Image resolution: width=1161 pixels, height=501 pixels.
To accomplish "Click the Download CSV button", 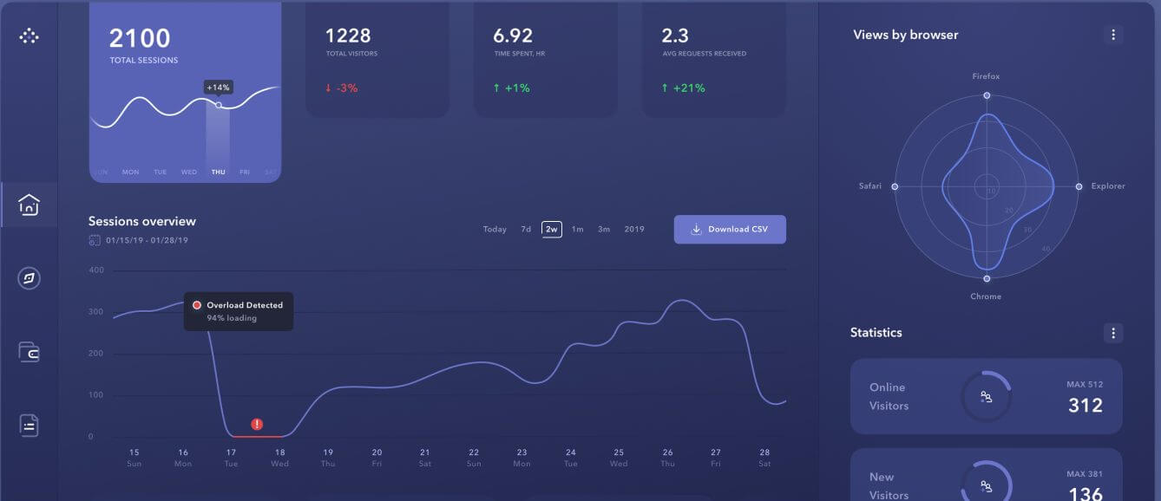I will point(730,230).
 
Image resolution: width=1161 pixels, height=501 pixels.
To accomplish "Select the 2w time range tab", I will point(551,230).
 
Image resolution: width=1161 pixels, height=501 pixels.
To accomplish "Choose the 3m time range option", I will point(604,230).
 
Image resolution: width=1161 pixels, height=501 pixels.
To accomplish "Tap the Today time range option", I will point(495,230).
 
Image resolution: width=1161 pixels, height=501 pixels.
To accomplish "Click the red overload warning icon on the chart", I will point(257,424).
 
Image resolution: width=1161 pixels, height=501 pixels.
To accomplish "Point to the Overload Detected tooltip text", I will point(244,305).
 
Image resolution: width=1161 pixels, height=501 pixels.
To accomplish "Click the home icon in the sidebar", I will point(30,205).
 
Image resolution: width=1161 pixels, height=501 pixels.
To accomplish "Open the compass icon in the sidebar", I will point(30,278).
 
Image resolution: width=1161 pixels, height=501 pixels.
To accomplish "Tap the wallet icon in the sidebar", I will point(30,352).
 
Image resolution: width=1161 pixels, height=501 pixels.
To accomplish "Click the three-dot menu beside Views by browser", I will point(1113,35).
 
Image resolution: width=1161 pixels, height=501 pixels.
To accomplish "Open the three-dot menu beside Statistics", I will point(1113,333).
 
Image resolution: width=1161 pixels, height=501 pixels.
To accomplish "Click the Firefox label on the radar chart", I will point(986,76).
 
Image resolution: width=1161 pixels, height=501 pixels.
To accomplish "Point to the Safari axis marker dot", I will point(895,186).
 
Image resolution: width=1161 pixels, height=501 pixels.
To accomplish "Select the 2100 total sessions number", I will point(140,38).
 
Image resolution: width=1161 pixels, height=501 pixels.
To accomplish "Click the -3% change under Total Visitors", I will point(341,88).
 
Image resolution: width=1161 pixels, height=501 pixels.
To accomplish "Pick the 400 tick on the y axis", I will point(96,270).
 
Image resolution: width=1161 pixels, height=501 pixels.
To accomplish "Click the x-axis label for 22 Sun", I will point(474,458).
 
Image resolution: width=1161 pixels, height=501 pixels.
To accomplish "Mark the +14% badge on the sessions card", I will point(218,88).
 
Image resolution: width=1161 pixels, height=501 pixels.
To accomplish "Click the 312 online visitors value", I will point(1085,405).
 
